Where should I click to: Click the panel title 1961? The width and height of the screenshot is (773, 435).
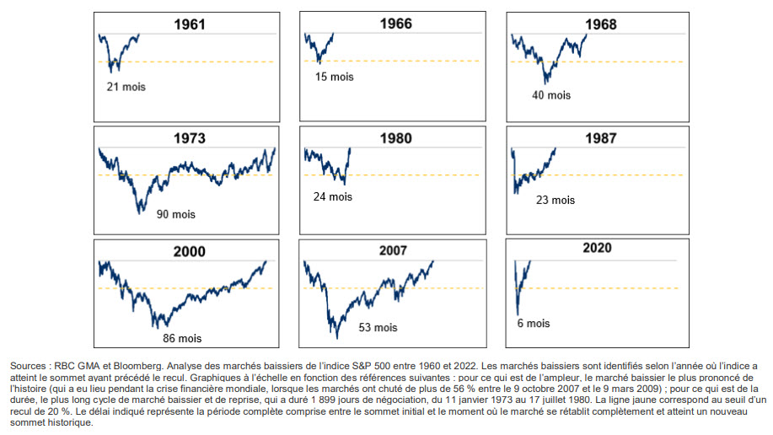pyautogui.click(x=189, y=24)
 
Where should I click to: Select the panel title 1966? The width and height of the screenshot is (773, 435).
pyautogui.click(x=396, y=24)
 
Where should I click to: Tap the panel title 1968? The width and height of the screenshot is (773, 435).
pyautogui.click(x=600, y=24)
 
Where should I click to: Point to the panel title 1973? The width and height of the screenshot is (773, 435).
pyautogui.click(x=191, y=137)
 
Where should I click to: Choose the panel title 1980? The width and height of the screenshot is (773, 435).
pyautogui.click(x=396, y=137)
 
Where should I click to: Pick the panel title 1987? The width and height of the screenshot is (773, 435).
pyautogui.click(x=600, y=137)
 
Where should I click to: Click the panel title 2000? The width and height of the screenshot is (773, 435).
pyautogui.click(x=189, y=251)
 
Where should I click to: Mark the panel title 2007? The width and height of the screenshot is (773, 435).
pyautogui.click(x=393, y=250)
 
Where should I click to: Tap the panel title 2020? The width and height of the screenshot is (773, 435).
pyautogui.click(x=597, y=248)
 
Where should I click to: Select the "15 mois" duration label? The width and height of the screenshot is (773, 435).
pyautogui.click(x=335, y=77)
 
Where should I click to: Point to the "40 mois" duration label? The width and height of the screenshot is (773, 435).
pyautogui.click(x=551, y=95)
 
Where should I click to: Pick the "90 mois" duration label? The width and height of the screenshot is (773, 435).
pyautogui.click(x=175, y=214)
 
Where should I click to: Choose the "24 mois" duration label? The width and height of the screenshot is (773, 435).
pyautogui.click(x=329, y=196)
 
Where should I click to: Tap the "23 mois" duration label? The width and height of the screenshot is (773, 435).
pyautogui.click(x=555, y=200)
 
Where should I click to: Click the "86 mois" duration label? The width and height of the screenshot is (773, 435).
pyautogui.click(x=182, y=338)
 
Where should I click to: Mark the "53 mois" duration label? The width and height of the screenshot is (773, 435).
pyautogui.click(x=377, y=327)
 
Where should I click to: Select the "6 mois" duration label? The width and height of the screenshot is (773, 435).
pyautogui.click(x=533, y=323)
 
